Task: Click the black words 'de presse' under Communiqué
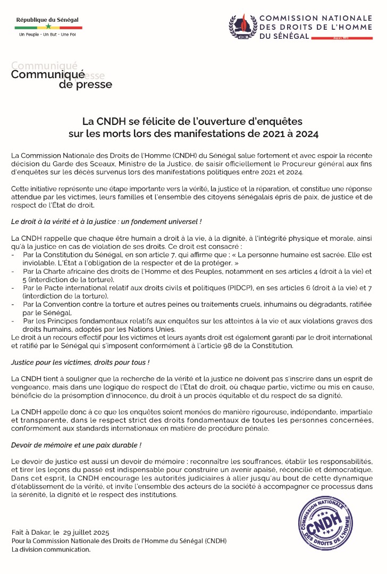pos(86,85)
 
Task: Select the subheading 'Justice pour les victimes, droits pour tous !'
pos(80,362)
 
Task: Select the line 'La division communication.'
pos(51,550)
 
